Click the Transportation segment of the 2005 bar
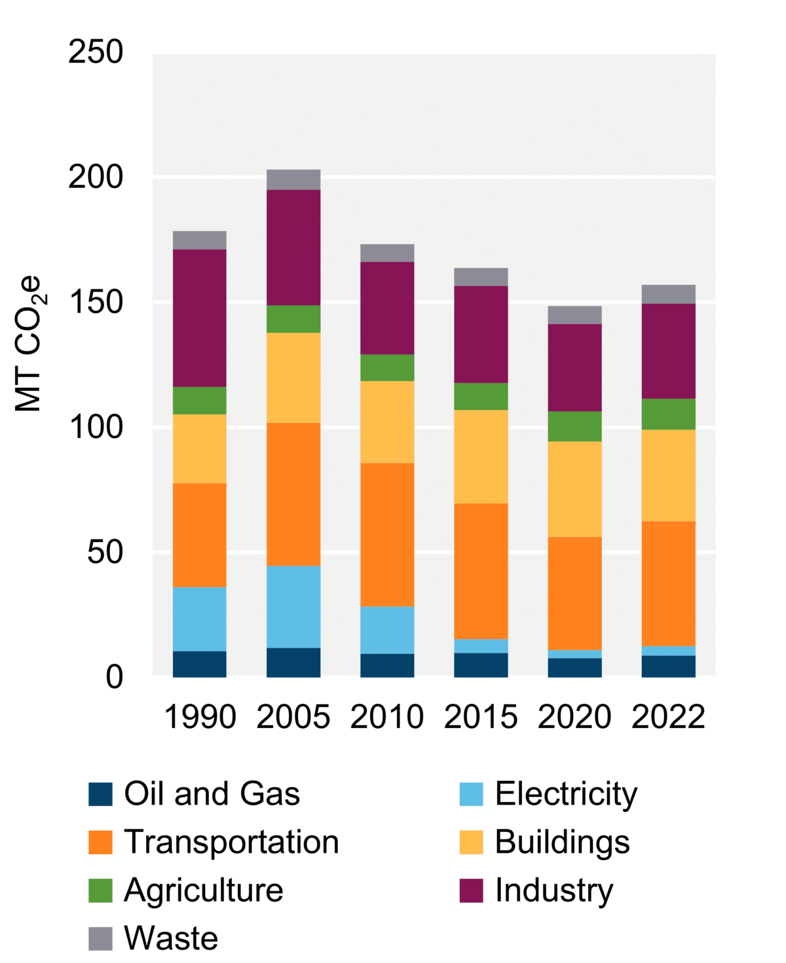(293, 494)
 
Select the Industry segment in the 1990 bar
(200, 318)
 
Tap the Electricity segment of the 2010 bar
(387, 630)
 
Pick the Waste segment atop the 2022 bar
(668, 294)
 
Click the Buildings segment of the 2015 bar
(481, 456)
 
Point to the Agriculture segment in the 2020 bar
(574, 426)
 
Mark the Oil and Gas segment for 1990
(200, 664)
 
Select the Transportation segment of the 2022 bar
(668, 583)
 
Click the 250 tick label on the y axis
(96, 52)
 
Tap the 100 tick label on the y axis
(96, 427)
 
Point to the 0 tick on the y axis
(114, 678)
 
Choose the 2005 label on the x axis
(293, 717)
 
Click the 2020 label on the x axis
(574, 717)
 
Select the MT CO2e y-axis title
(29, 344)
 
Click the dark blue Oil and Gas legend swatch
(100, 794)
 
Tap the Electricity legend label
(566, 794)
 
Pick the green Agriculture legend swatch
(100, 890)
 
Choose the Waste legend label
(171, 938)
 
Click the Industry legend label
(554, 890)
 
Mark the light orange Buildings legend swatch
(471, 843)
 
